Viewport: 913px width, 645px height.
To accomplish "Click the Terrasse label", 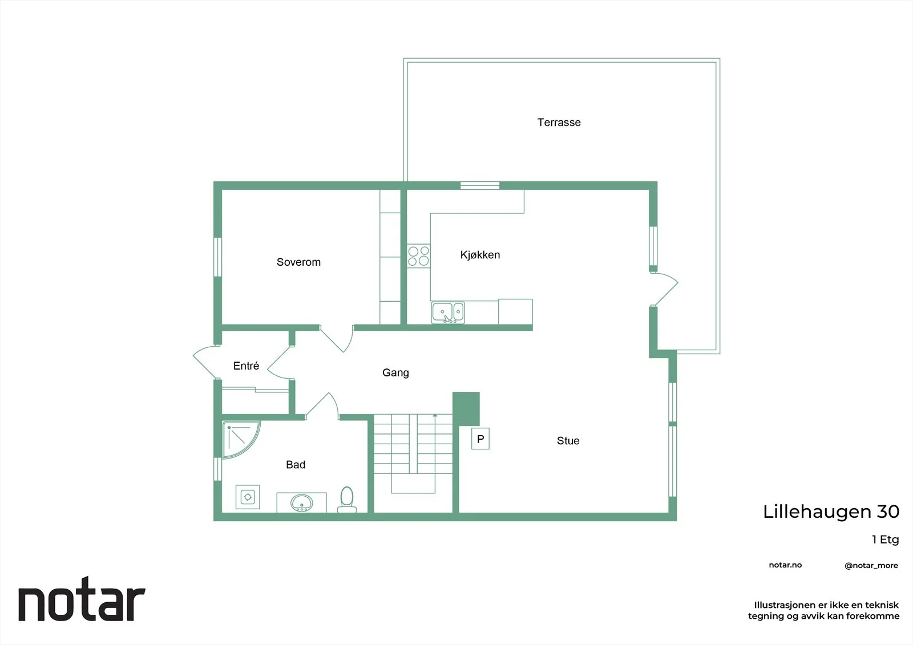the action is [x=559, y=122].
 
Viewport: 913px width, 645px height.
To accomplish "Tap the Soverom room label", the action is [x=298, y=262].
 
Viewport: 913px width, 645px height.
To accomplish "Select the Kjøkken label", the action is [x=480, y=255].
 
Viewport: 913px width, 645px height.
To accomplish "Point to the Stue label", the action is [x=568, y=440].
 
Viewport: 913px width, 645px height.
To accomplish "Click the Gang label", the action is [x=395, y=372].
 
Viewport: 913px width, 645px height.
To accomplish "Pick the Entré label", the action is [x=246, y=366].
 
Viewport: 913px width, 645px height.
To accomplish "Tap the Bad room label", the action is [x=296, y=464].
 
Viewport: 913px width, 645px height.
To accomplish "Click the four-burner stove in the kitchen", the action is [x=419, y=256].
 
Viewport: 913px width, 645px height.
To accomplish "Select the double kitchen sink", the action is [x=447, y=313].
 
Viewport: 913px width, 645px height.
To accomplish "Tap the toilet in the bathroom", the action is [x=347, y=500].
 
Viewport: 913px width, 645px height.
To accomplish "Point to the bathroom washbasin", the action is [x=302, y=503].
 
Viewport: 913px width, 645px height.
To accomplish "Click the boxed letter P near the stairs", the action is [x=480, y=439].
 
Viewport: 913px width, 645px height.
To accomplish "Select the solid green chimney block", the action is [x=466, y=409].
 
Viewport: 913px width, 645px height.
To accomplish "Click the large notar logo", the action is [x=82, y=599].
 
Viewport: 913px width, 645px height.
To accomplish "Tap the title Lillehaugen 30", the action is [x=831, y=512].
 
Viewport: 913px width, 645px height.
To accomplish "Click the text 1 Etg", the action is [x=885, y=539].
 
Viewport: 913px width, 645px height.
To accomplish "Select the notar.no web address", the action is [x=785, y=565].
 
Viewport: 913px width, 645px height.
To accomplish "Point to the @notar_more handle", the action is [x=871, y=565].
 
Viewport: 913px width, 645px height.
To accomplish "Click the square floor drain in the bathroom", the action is [x=248, y=497].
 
